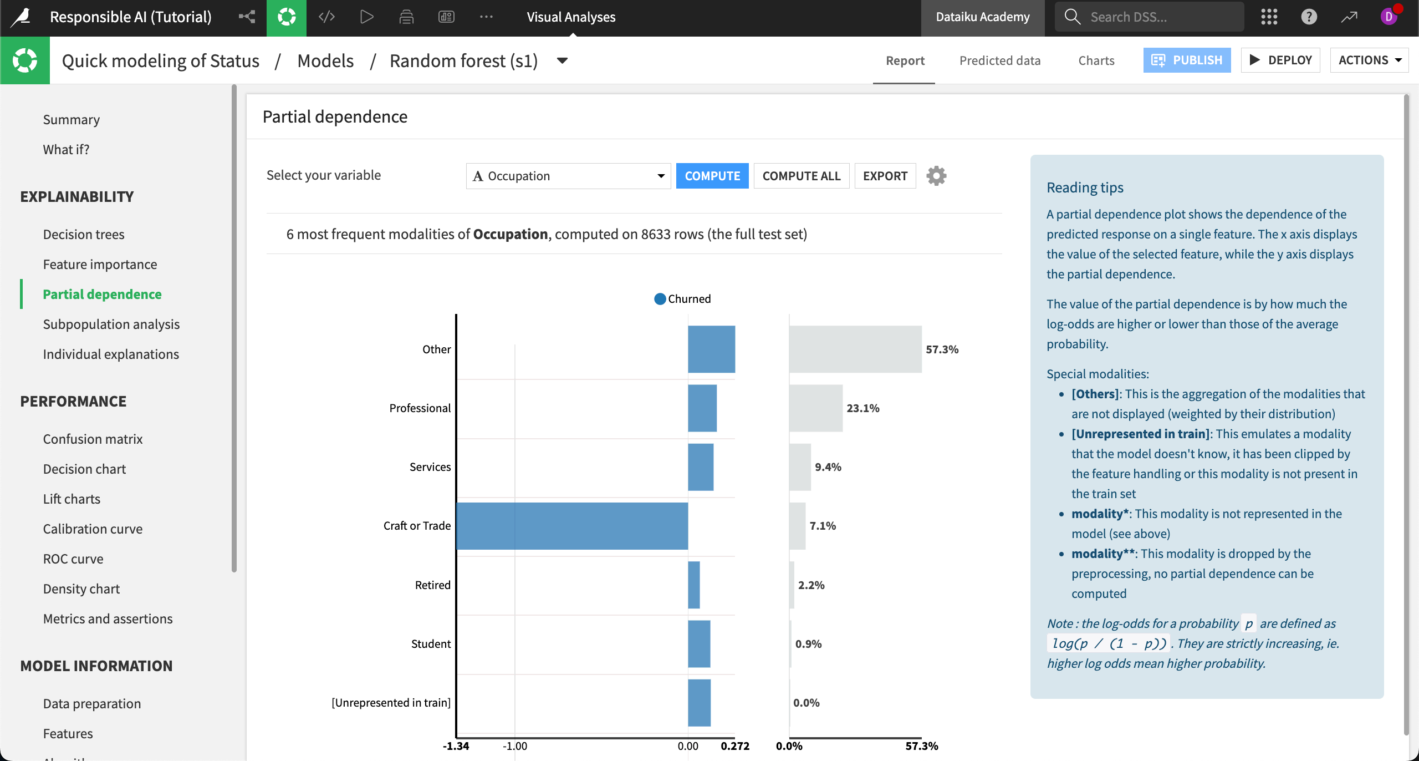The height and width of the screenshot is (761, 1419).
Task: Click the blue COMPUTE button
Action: pos(712,176)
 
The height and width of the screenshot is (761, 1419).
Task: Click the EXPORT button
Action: pos(885,176)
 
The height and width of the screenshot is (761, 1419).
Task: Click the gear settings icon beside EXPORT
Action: pos(936,176)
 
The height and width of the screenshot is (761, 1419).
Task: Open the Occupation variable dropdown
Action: pos(568,176)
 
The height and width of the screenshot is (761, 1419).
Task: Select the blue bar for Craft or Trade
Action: pos(572,526)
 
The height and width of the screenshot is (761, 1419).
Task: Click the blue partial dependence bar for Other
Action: pos(711,349)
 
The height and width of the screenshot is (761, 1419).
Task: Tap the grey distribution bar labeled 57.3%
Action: pos(855,349)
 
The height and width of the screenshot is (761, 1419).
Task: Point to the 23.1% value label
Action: pos(862,408)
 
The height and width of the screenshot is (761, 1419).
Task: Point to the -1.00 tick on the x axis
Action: pos(515,746)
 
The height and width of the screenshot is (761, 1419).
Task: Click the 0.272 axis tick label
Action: pos(735,746)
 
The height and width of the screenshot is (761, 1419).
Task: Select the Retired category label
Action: pos(432,585)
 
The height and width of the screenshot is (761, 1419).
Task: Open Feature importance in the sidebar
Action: pos(100,265)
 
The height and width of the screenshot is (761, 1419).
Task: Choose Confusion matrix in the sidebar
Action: pos(93,439)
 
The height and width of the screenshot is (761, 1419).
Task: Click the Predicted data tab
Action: pos(999,60)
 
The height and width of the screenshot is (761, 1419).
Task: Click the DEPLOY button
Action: pos(1280,60)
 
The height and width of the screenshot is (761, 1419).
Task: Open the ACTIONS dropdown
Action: pos(1369,60)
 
